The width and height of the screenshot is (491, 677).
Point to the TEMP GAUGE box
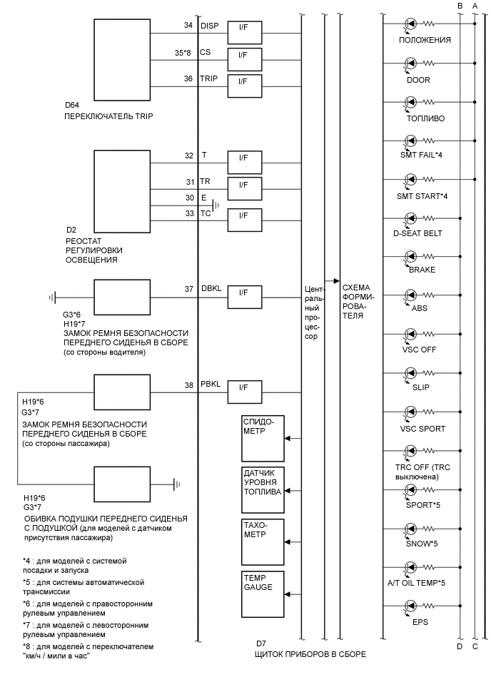coord(263,591)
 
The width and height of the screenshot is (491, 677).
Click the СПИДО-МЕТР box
coord(263,436)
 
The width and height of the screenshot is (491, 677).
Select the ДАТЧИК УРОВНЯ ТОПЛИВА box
coord(263,489)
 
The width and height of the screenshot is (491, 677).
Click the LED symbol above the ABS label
coord(411,295)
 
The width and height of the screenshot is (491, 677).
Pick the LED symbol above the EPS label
coord(411,606)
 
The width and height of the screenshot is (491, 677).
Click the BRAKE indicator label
coord(422,270)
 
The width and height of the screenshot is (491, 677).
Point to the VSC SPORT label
coord(422,429)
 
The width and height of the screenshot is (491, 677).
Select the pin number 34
coord(188,26)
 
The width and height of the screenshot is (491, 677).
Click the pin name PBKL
coord(211,386)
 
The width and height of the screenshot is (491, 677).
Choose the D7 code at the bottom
coord(261,643)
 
